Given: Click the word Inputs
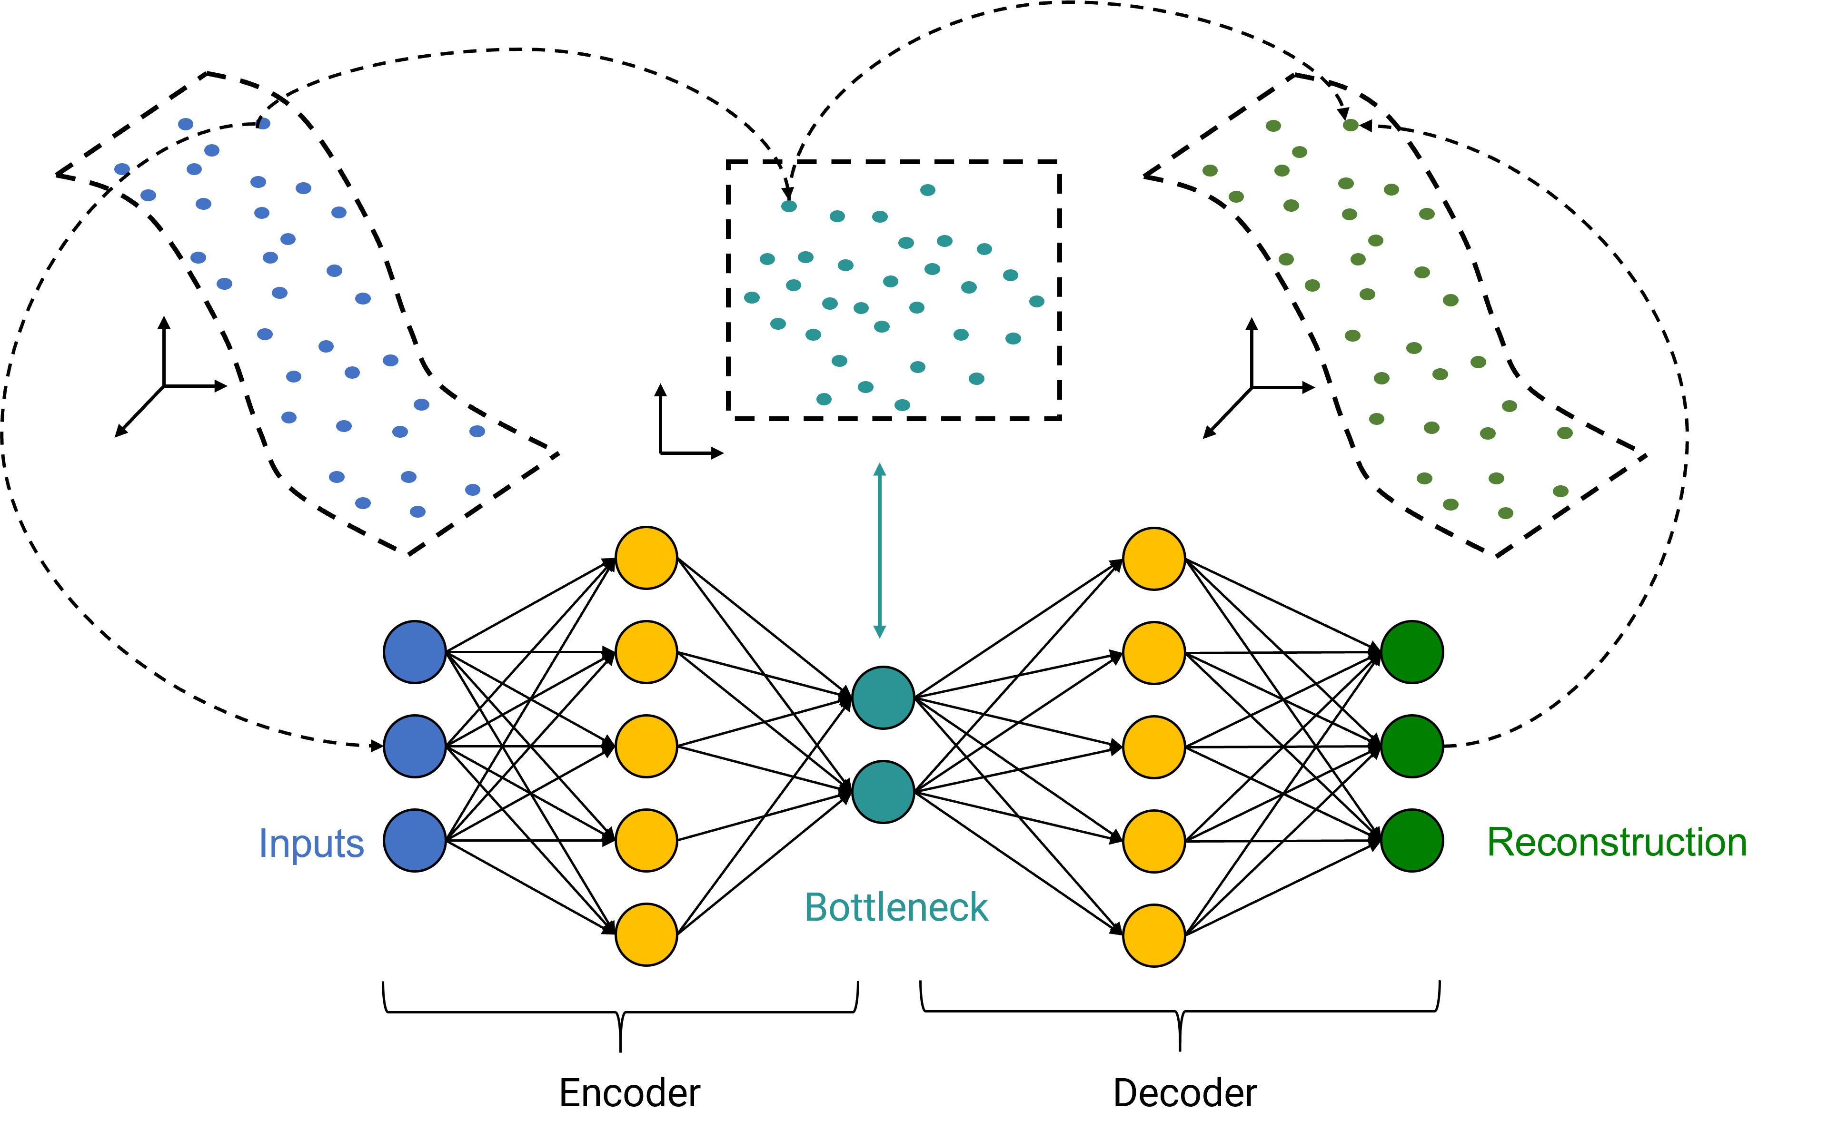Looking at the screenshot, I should pyautogui.click(x=311, y=843).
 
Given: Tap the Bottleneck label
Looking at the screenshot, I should pyautogui.click(x=896, y=907).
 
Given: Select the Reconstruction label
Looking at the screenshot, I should pyautogui.click(x=1617, y=842).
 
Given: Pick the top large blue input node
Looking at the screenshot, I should pyautogui.click(x=415, y=652).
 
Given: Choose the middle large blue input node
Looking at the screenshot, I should pyautogui.click(x=415, y=747).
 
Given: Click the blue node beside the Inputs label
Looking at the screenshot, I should pyautogui.click(x=415, y=841).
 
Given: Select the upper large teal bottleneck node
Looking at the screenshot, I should pyautogui.click(x=883, y=698).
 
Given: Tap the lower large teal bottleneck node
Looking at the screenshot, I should pyautogui.click(x=883, y=792).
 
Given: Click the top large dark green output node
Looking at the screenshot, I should pyautogui.click(x=1412, y=652).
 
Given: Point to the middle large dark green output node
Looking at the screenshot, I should pyautogui.click(x=1412, y=747).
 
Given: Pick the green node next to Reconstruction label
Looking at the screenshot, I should pyautogui.click(x=1412, y=841).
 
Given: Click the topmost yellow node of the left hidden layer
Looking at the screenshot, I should pyautogui.click(x=646, y=558).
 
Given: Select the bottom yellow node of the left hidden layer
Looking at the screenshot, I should pyautogui.click(x=646, y=935).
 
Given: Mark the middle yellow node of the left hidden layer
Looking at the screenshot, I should pyautogui.click(x=646, y=747).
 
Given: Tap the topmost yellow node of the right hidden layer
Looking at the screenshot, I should pyautogui.click(x=1154, y=559).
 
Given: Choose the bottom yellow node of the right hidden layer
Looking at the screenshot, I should pyautogui.click(x=1154, y=936).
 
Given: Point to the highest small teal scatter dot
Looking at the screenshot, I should pyautogui.click(x=928, y=190).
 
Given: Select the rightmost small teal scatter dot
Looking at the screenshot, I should pyautogui.click(x=1037, y=302).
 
